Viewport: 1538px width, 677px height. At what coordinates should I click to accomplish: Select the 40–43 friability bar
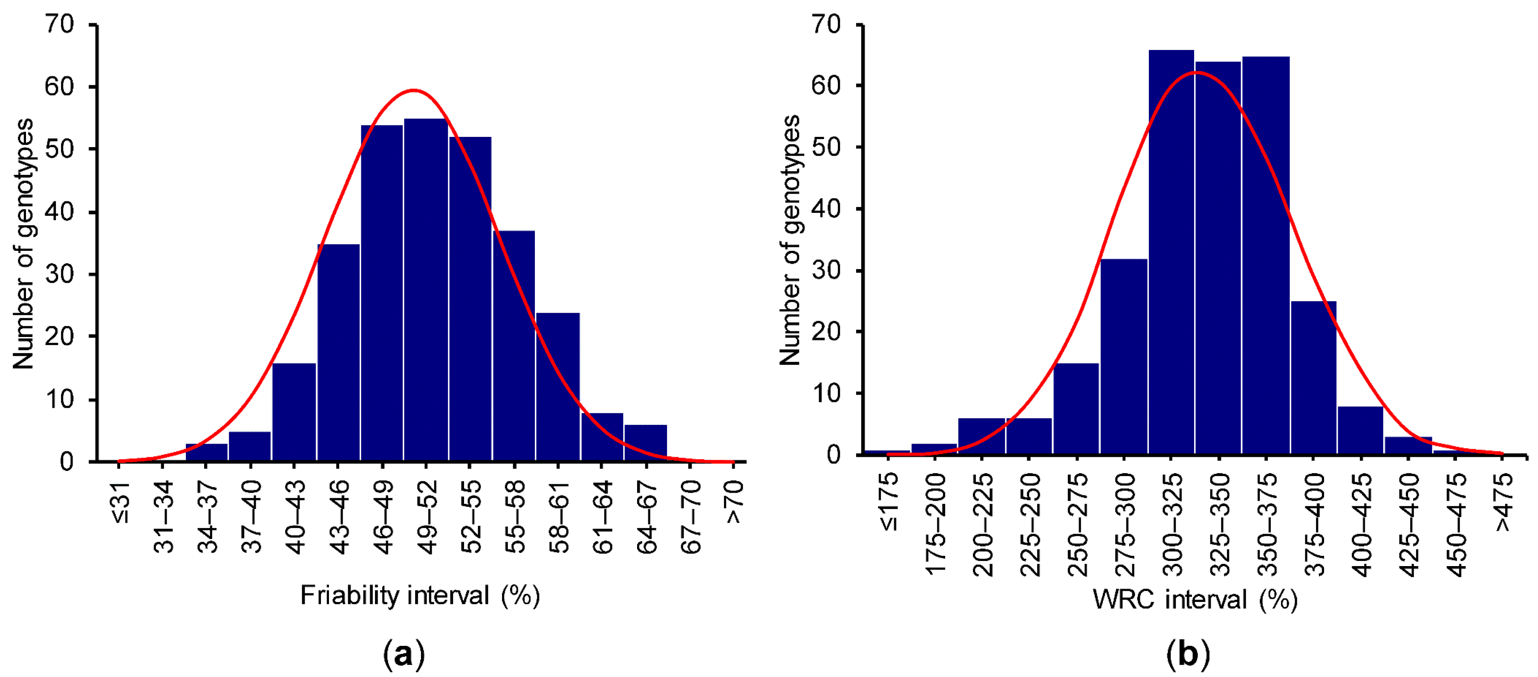click(x=294, y=412)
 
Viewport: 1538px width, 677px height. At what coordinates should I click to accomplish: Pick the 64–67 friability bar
click(x=645, y=443)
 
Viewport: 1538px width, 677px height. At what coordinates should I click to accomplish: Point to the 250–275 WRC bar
click(x=1076, y=409)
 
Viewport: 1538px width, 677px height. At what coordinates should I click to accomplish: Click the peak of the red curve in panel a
click(x=413, y=90)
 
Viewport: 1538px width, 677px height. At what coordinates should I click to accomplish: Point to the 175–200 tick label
click(x=935, y=523)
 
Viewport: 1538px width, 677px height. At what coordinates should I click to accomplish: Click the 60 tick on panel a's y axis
click(x=59, y=87)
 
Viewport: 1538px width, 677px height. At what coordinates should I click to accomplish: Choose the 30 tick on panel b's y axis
click(x=826, y=271)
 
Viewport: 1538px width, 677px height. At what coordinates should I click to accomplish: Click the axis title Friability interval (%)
click(x=420, y=596)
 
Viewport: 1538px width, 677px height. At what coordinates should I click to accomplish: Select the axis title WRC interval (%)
click(x=1195, y=599)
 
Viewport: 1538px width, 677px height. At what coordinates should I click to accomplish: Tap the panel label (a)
click(x=404, y=654)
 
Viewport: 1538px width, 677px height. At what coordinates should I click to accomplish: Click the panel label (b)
click(x=1188, y=654)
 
